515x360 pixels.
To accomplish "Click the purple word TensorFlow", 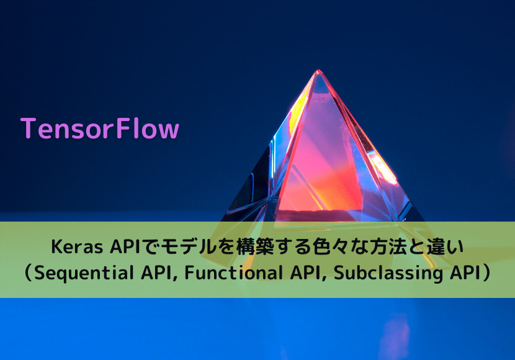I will pyautogui.click(x=99, y=128).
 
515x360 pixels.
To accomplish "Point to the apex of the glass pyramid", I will pyautogui.click(x=318, y=72).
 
